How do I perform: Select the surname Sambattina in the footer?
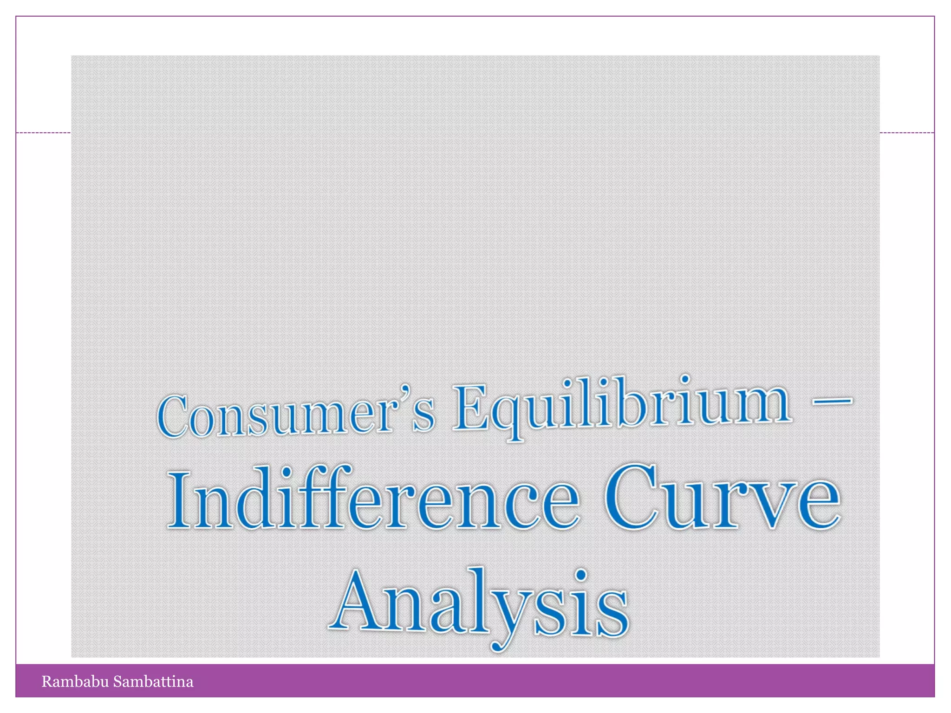point(153,681)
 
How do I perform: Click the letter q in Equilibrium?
point(509,416)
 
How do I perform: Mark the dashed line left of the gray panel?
point(43,133)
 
